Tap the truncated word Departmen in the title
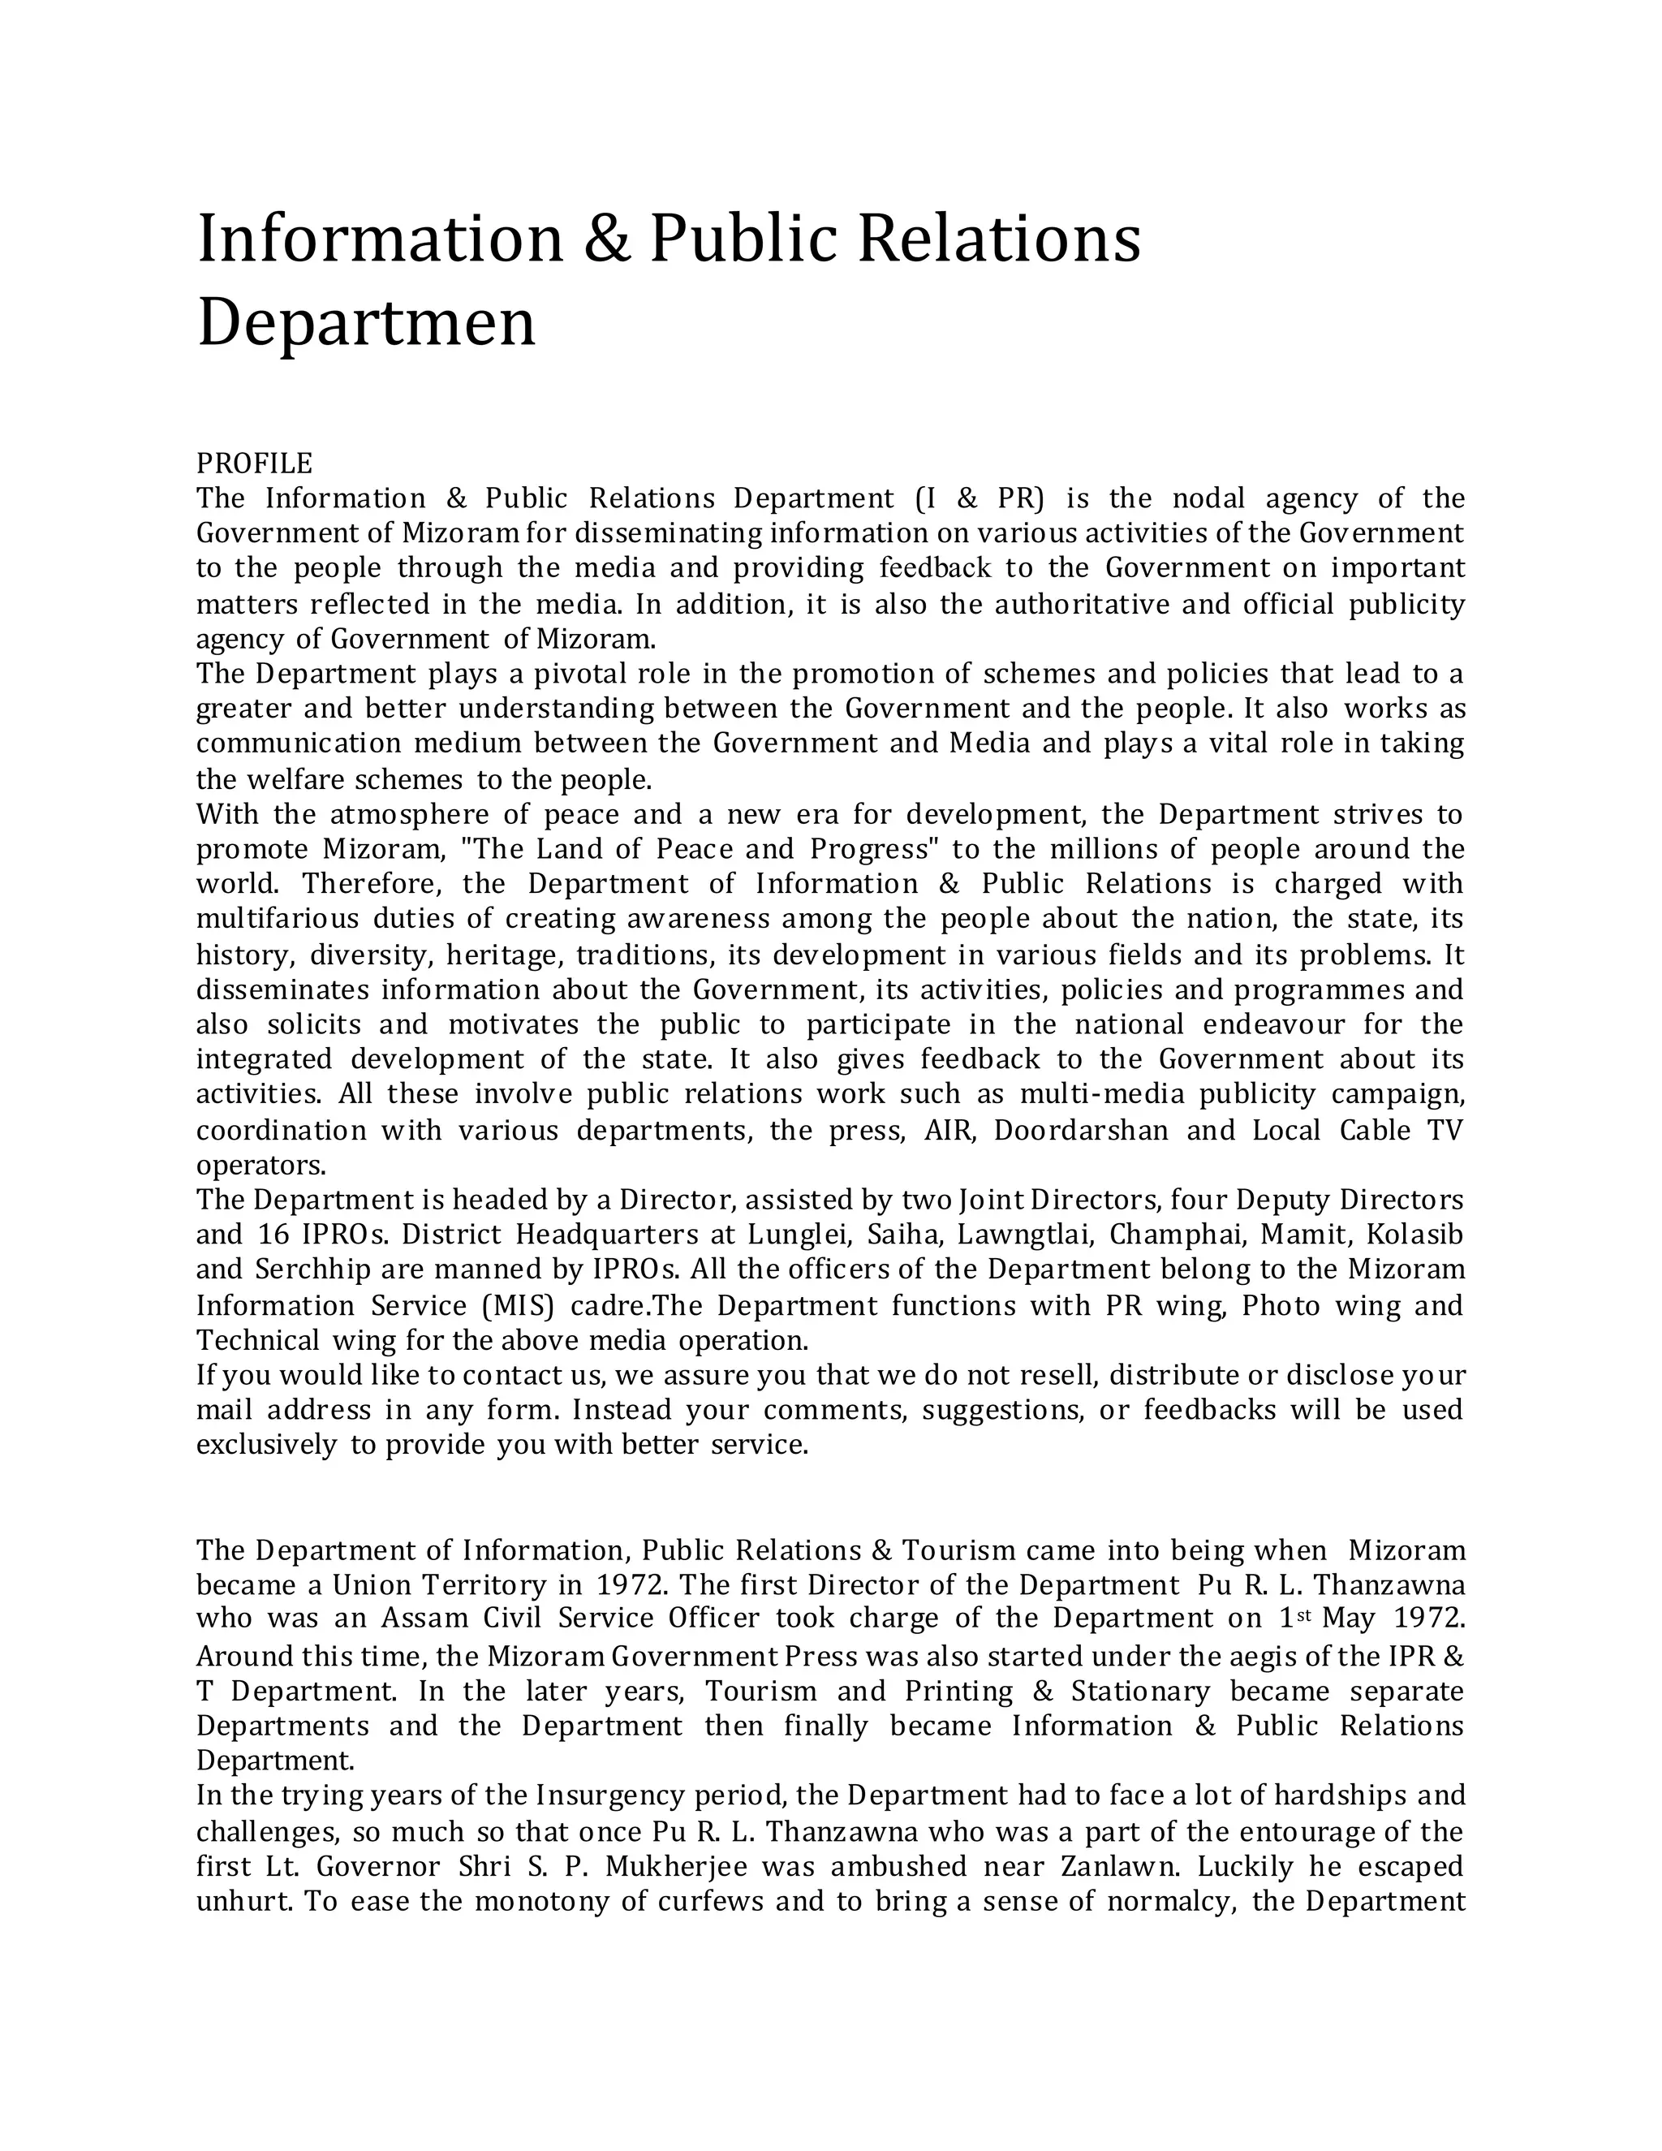[x=366, y=322]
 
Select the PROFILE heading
[x=254, y=463]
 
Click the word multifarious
[x=278, y=919]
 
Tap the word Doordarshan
[x=1081, y=1130]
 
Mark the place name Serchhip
[x=312, y=1270]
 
